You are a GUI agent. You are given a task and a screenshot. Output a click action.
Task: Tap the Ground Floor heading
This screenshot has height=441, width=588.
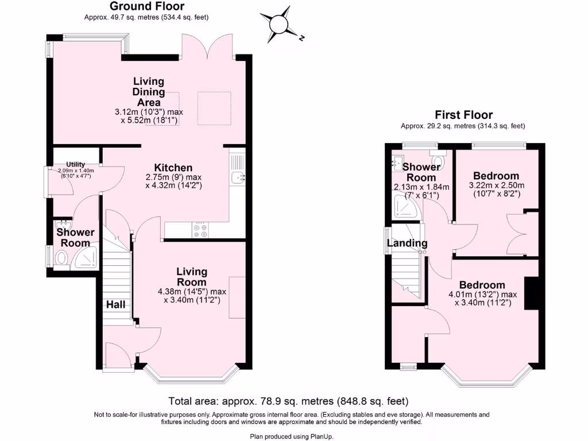tap(147, 7)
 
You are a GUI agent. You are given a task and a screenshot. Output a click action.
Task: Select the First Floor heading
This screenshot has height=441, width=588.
tap(463, 115)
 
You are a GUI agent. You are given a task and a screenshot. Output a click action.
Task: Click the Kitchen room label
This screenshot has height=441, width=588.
tap(173, 167)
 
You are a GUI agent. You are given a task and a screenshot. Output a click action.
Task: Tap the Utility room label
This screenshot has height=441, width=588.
tap(75, 164)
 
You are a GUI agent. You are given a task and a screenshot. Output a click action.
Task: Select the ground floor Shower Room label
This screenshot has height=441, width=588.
tap(75, 237)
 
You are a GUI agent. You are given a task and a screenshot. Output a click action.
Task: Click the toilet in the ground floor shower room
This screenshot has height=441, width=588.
tap(60, 258)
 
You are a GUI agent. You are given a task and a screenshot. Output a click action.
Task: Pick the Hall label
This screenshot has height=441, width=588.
tap(115, 304)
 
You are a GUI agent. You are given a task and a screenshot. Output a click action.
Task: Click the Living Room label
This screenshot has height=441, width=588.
tap(191, 276)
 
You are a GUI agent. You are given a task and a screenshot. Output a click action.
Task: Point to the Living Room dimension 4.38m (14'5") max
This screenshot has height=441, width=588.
tap(192, 291)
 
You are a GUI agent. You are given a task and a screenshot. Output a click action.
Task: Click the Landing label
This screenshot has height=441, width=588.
tap(407, 243)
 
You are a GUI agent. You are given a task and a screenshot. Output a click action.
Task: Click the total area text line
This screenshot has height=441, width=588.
tap(288, 401)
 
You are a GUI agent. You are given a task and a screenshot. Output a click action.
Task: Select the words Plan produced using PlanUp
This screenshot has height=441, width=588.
tap(291, 436)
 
